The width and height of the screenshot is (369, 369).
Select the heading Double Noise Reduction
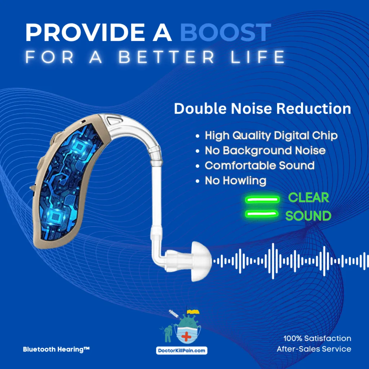262,109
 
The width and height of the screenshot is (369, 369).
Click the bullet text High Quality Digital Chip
271,135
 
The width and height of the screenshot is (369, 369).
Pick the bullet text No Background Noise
265,151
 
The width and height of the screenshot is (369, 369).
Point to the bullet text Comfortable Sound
259,165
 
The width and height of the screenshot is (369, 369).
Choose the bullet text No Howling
235,180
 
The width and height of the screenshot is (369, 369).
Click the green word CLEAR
308,197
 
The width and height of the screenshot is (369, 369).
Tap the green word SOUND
308,216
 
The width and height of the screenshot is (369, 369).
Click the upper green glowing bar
262,199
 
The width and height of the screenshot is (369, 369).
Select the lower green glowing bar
262,214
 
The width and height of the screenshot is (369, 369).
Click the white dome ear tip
201,260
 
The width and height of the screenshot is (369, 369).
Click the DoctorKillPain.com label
182,350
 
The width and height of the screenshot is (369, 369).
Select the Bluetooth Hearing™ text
56,349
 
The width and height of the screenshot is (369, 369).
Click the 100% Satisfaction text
317,338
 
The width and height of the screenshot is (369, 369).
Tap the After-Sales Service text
314,349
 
